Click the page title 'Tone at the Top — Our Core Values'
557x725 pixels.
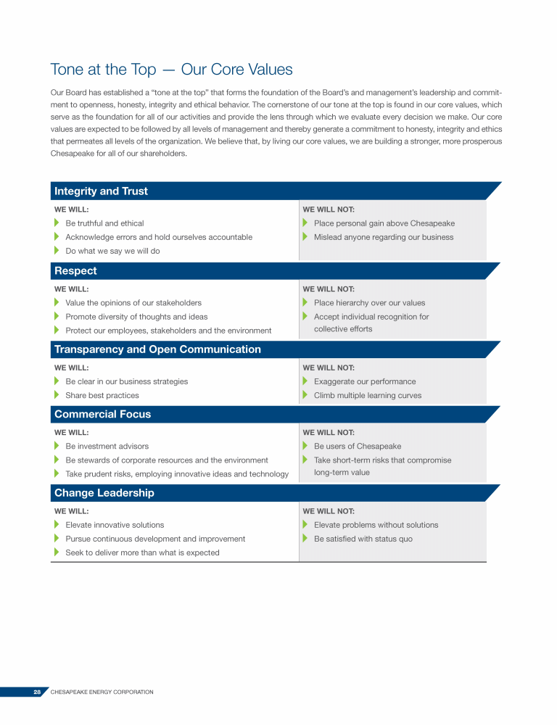coord(171,70)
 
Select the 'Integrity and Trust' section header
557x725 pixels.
coord(101,191)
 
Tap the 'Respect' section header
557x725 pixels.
coord(75,271)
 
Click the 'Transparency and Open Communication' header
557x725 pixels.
coord(157,349)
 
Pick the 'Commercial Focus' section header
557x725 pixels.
coord(103,415)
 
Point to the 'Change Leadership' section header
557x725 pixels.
coord(104,493)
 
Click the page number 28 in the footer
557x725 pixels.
coord(36,692)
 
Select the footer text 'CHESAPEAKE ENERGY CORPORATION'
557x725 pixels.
coord(102,692)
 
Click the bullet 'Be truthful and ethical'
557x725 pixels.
coord(104,223)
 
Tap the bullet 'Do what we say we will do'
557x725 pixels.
coord(112,251)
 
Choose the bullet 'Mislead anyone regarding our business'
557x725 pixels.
coord(383,237)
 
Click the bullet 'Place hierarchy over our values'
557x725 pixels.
coord(369,303)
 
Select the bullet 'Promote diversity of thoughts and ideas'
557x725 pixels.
coord(136,317)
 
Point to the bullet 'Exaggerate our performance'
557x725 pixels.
coord(365,381)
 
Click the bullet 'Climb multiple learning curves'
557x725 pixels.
coord(367,395)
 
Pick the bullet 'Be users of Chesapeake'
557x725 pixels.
coord(357,447)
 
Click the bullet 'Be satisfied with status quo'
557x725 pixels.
coord(363,539)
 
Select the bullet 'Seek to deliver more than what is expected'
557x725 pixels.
coord(142,552)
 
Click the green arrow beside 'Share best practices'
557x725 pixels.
coord(57,395)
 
